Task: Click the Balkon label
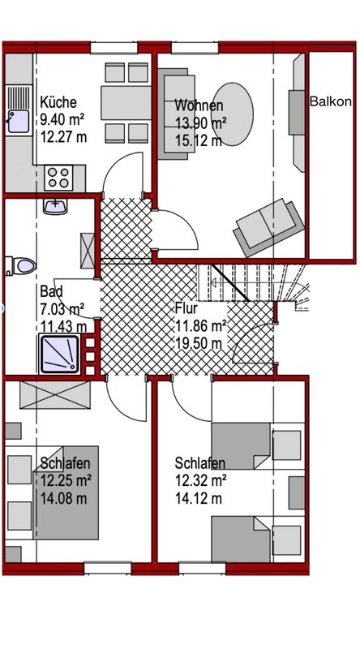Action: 331,101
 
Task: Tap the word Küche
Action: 58,102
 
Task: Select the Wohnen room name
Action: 199,105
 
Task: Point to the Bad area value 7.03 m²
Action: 62,308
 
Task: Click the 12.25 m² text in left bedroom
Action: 65,479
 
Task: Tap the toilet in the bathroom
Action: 21,265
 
